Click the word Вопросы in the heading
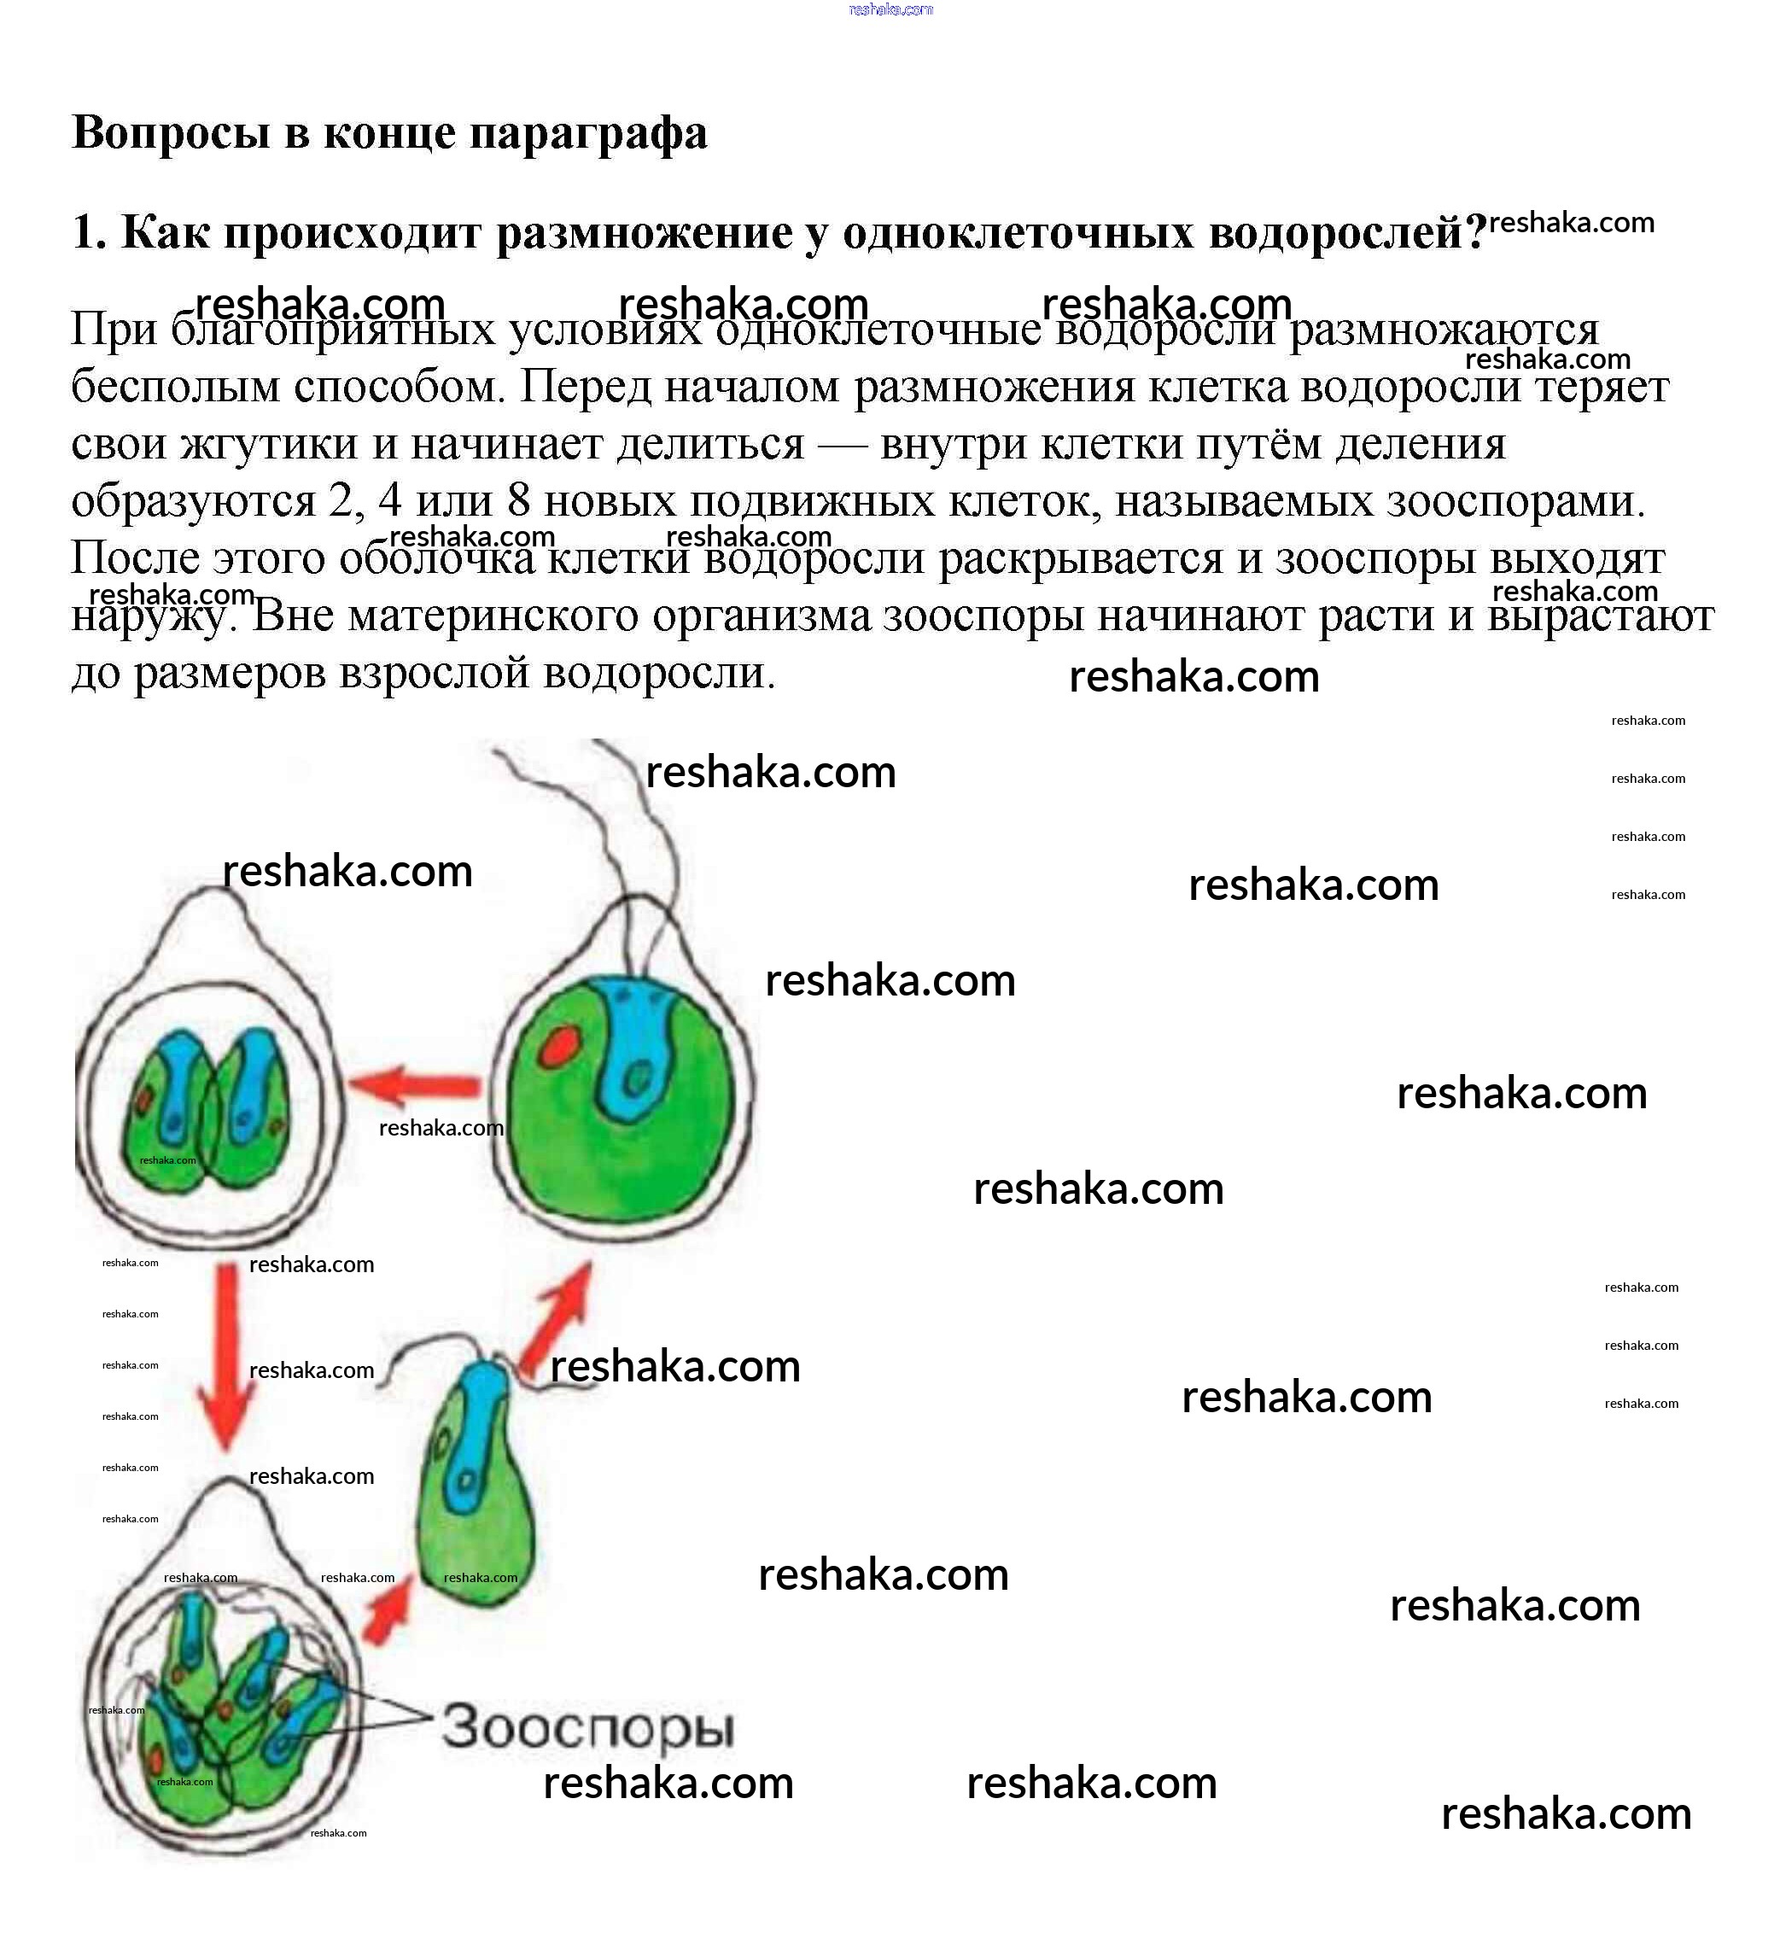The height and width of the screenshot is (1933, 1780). click(x=170, y=132)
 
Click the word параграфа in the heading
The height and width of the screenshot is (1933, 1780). click(x=587, y=134)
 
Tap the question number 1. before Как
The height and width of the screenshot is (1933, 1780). click(x=89, y=233)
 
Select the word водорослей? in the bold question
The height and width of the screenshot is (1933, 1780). click(x=1349, y=233)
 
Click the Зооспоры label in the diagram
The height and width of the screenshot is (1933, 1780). click(x=587, y=1727)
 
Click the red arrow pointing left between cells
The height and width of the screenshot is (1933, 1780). click(x=414, y=1085)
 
